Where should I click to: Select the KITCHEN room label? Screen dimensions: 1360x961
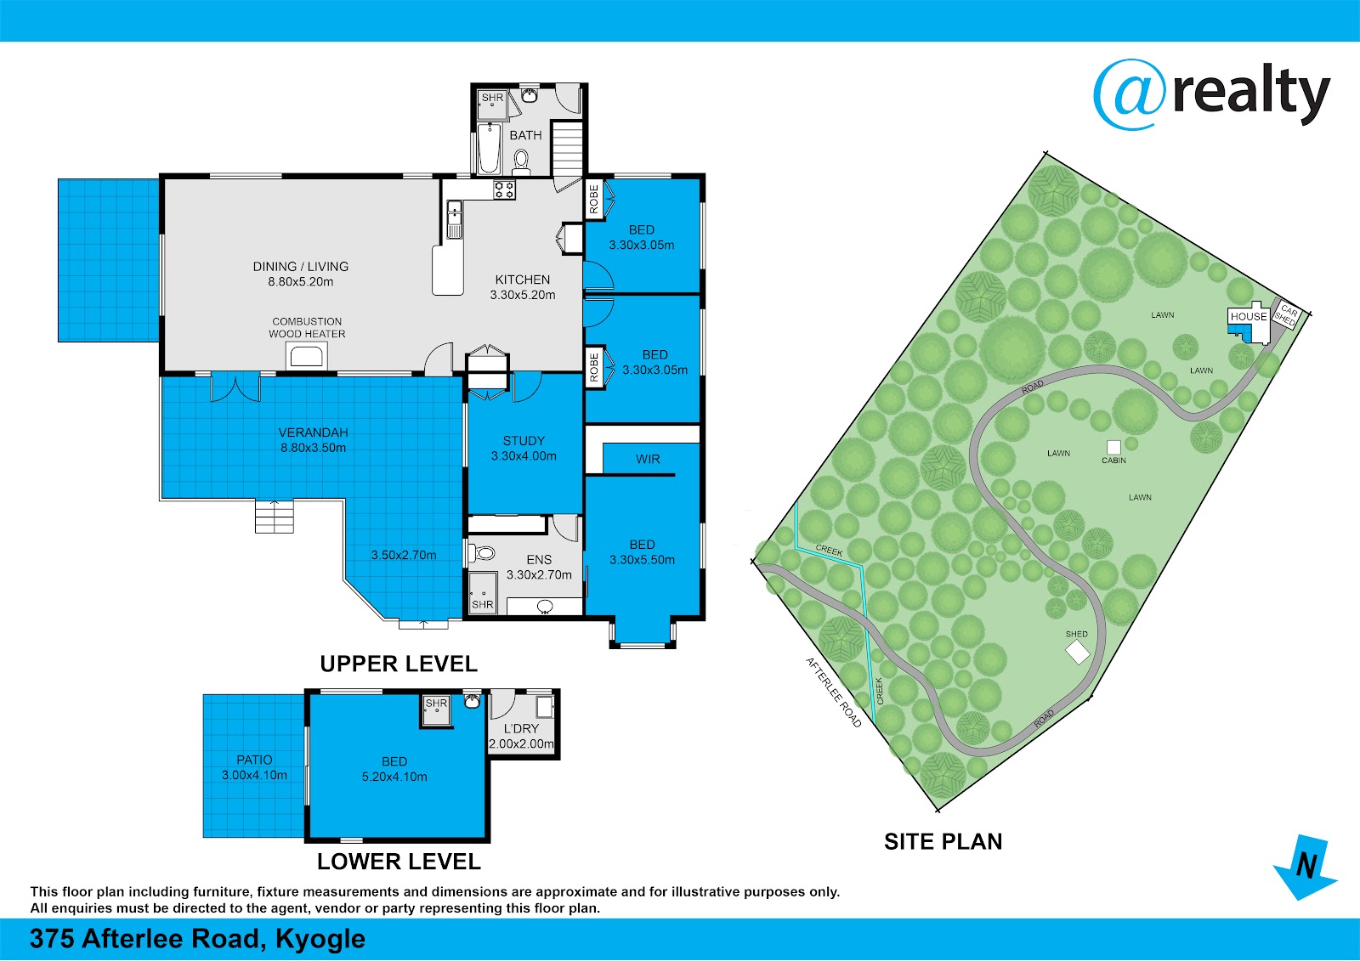(522, 280)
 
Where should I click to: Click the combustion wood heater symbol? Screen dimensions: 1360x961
(307, 356)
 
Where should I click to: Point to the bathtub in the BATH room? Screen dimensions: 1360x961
(489, 148)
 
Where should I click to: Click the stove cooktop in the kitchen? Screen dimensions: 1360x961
(504, 190)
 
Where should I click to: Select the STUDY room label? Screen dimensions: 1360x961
(524, 441)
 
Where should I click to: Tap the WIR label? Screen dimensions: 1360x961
(647, 459)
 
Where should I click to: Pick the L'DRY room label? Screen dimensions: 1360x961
(521, 728)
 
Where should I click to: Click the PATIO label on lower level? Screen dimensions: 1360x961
(254, 760)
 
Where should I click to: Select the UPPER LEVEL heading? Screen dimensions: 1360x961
(399, 664)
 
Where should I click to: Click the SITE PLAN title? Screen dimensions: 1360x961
(943, 841)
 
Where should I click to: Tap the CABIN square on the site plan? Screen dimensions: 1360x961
(1113, 448)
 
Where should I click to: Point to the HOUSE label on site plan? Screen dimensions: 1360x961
(1249, 316)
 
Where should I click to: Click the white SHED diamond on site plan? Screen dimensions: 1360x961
(1078, 653)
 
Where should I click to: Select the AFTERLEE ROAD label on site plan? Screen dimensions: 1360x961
(834, 692)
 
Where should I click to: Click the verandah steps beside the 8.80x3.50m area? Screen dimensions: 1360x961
(275, 516)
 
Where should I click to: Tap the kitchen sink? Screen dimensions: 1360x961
(454, 220)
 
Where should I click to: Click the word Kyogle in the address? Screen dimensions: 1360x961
(320, 939)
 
